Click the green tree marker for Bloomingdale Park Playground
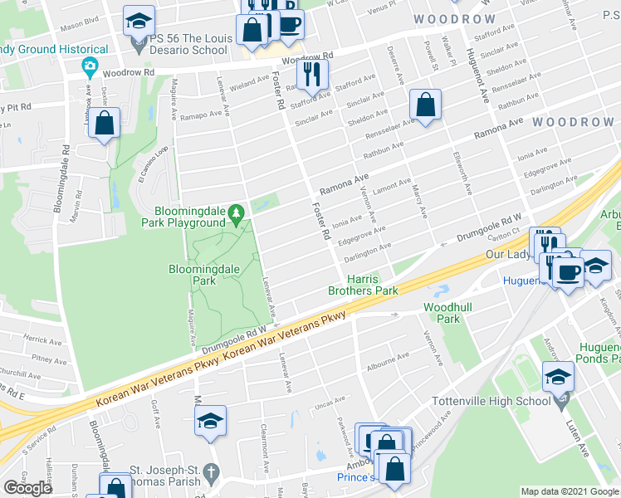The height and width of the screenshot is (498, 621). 237,213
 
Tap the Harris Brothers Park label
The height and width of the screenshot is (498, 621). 362,285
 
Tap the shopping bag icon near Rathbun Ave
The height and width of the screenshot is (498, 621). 424,106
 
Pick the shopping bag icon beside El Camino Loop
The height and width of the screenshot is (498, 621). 105,124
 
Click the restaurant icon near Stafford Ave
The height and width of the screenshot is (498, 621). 312,75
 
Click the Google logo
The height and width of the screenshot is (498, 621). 28,487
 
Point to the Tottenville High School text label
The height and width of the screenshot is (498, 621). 491,401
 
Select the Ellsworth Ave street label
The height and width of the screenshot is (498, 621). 462,173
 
